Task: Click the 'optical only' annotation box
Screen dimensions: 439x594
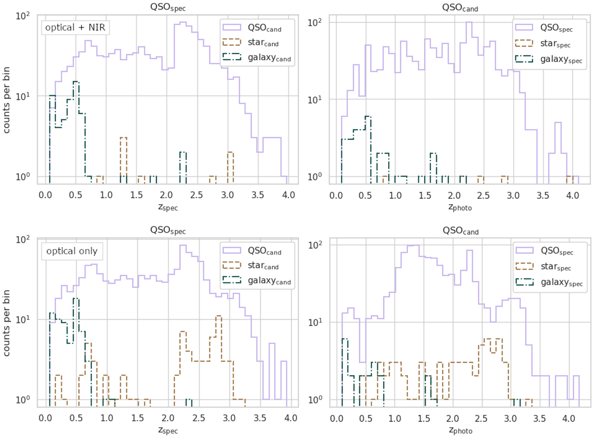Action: [71, 251]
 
